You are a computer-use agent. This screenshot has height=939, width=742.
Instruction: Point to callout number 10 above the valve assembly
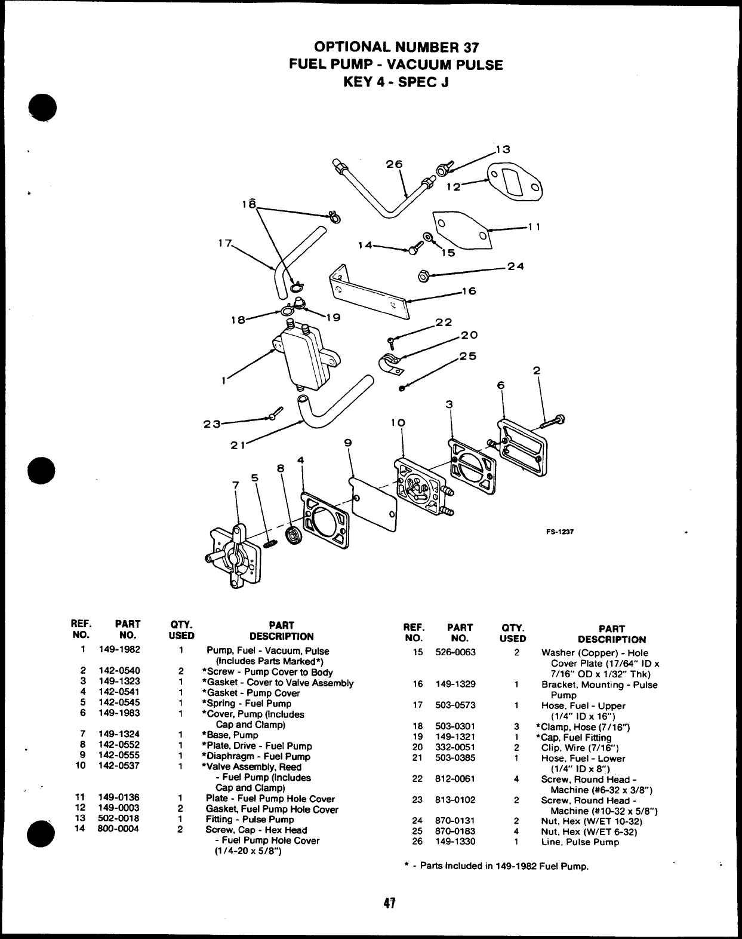(399, 422)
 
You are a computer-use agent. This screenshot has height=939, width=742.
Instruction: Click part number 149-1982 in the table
(119, 650)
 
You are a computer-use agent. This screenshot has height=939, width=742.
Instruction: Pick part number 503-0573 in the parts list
(455, 705)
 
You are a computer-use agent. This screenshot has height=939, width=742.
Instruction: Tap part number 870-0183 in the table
(455, 831)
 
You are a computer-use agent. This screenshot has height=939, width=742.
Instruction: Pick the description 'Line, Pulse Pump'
(580, 842)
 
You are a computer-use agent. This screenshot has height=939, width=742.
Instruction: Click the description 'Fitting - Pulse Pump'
(250, 820)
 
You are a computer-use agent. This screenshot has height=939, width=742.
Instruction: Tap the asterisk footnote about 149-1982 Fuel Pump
(496, 866)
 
